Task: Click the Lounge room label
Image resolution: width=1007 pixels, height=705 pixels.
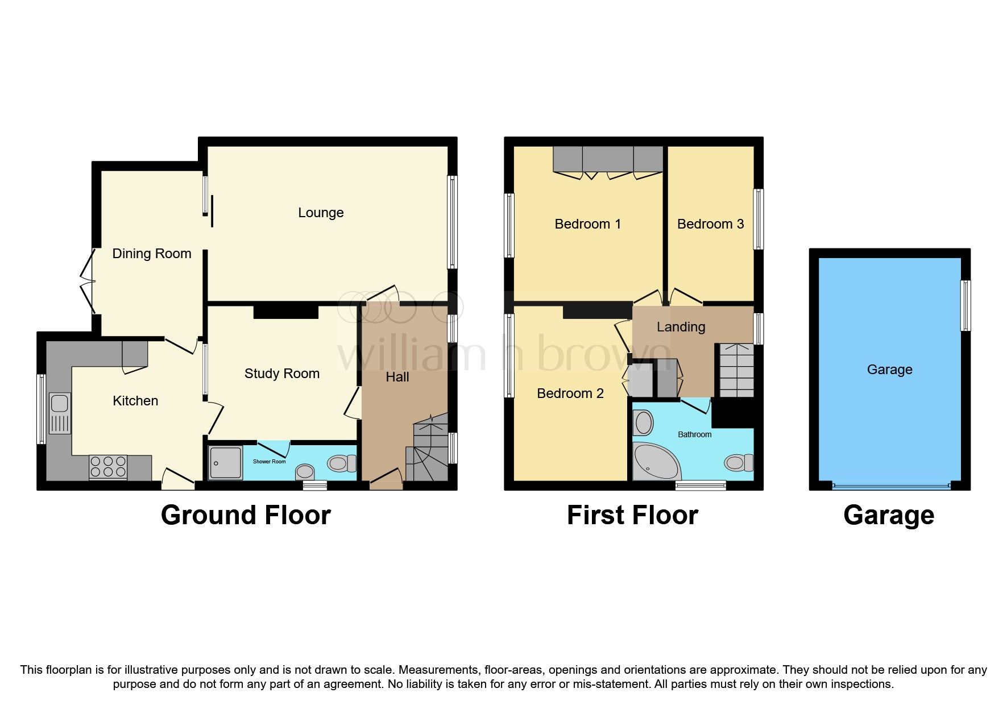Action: (321, 213)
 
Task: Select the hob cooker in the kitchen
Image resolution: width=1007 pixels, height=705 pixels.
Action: (108, 467)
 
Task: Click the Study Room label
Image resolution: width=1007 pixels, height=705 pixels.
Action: (282, 374)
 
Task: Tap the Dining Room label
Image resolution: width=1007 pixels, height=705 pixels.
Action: (152, 254)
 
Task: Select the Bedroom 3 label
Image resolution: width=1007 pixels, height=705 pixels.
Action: (710, 224)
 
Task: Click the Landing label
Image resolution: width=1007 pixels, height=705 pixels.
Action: (681, 327)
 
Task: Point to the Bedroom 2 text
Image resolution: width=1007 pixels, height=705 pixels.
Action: (570, 393)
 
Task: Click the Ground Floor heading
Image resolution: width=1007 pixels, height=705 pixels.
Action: (246, 515)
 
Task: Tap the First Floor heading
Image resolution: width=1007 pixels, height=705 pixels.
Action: (632, 515)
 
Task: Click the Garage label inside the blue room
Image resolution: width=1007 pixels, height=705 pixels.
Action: (889, 370)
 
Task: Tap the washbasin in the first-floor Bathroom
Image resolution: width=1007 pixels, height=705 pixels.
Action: (644, 423)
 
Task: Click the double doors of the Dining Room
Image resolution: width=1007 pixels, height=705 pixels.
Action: (88, 281)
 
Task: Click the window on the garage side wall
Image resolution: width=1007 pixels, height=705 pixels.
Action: (965, 305)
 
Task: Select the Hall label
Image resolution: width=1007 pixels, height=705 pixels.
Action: (397, 377)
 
